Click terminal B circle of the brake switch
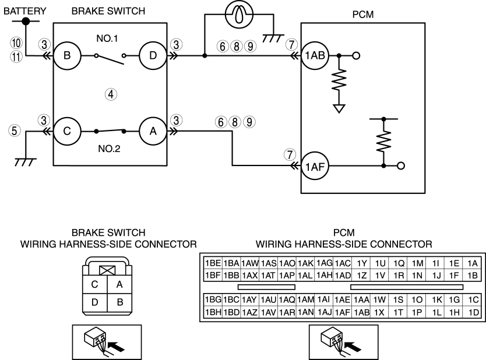pos(67,56)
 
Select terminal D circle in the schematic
pos(153,56)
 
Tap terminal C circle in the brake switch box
pos(67,131)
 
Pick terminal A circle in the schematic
pos(153,131)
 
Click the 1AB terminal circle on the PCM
pos(315,56)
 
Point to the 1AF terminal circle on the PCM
pos(315,167)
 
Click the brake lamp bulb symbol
pos(239,14)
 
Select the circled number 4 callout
pos(111,94)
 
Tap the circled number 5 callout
pos(14,130)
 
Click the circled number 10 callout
pos(16,43)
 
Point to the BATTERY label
pos(25,11)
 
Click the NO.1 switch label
pos(107,38)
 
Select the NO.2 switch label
pos(109,149)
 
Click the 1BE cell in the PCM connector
pos(213,263)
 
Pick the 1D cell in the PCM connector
pos(473,312)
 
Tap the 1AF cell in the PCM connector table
pos(343,312)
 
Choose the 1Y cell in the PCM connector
pos(361,263)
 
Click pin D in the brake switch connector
pos(95,302)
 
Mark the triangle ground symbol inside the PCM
pos(339,109)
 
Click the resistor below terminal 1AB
pos(339,80)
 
